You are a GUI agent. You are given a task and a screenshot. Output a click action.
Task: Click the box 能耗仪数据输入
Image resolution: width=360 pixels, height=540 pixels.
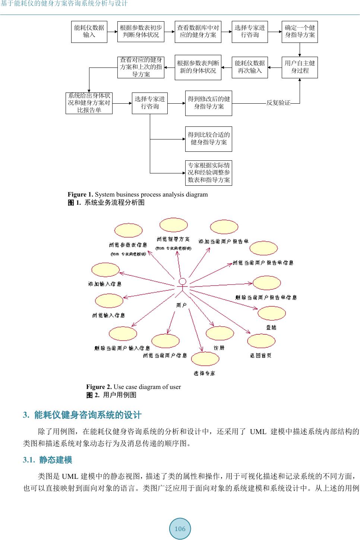[89, 32]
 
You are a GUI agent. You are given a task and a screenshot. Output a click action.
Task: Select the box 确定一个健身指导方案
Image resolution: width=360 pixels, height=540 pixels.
[300, 32]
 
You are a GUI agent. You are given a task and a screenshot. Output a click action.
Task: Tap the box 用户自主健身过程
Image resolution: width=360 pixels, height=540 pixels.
[300, 67]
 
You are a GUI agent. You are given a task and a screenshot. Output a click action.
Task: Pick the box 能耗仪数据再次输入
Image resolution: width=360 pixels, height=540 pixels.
[250, 67]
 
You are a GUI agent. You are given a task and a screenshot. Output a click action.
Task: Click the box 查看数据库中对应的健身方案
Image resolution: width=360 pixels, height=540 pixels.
[198, 32]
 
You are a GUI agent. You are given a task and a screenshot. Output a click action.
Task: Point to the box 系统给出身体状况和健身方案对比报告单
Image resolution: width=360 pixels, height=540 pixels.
[89, 103]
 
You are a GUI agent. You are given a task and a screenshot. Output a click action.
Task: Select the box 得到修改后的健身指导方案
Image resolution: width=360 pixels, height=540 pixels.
[209, 103]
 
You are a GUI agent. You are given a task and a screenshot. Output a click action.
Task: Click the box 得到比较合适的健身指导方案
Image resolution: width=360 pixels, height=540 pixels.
[209, 139]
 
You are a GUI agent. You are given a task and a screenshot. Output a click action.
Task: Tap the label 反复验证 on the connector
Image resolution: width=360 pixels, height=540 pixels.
[278, 103]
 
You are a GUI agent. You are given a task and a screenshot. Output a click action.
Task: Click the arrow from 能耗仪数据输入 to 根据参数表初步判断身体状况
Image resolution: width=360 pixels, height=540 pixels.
[112, 32]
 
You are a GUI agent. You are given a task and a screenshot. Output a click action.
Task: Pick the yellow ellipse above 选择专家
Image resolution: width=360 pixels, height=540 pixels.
[205, 359]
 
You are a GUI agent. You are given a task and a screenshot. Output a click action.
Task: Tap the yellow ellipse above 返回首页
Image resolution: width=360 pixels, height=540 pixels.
[261, 341]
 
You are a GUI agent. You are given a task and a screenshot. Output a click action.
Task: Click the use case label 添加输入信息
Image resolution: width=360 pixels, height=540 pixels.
[105, 284]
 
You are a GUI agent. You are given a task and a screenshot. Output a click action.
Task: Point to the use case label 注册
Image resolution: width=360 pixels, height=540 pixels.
[219, 348]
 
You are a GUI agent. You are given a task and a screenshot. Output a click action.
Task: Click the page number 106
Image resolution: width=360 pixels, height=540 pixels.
[180, 529]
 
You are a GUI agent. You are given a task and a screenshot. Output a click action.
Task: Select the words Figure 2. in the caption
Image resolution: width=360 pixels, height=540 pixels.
[99, 387]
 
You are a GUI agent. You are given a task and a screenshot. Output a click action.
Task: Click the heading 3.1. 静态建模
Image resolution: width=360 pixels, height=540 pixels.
[48, 460]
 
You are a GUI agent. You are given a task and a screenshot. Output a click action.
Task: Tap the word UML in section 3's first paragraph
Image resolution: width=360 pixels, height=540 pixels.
[258, 432]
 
